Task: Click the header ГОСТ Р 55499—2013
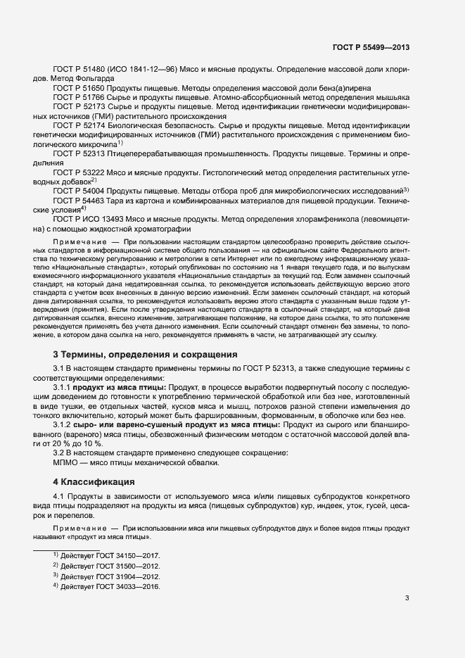[371, 48]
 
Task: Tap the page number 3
[407, 598]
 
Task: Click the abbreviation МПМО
[68, 462]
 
